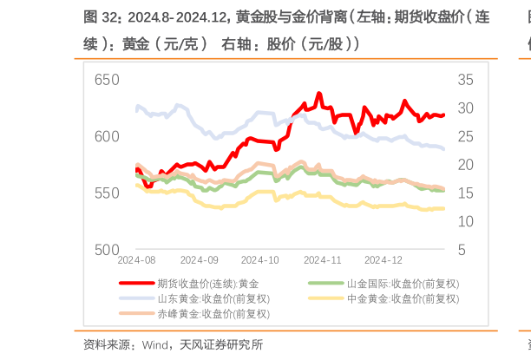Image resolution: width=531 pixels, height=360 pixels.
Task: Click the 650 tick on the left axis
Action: click(106, 80)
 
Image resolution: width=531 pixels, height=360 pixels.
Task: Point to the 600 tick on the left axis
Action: click(106, 137)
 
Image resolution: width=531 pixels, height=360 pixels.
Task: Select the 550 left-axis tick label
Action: click(106, 193)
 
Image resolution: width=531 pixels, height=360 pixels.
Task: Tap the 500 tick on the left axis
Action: click(106, 250)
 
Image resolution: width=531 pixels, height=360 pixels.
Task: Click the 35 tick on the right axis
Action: click(465, 80)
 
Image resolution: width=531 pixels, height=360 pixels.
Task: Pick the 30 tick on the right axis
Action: click(465, 108)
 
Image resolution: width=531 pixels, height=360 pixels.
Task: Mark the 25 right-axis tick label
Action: click(465, 137)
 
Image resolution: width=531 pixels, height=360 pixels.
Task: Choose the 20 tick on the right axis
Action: click(465, 165)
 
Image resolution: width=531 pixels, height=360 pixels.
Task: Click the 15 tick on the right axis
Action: click(465, 193)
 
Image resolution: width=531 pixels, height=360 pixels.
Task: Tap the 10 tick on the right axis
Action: click(465, 222)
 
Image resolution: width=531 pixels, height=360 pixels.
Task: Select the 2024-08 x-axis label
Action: click(136, 259)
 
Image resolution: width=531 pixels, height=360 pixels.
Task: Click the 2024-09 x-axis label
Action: click(199, 259)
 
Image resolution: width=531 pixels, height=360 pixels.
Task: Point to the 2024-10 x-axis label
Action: click(259, 259)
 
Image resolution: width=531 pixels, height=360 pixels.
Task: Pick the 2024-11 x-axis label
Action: click(322, 259)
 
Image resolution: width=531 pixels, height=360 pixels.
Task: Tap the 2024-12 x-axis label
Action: click(383, 259)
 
